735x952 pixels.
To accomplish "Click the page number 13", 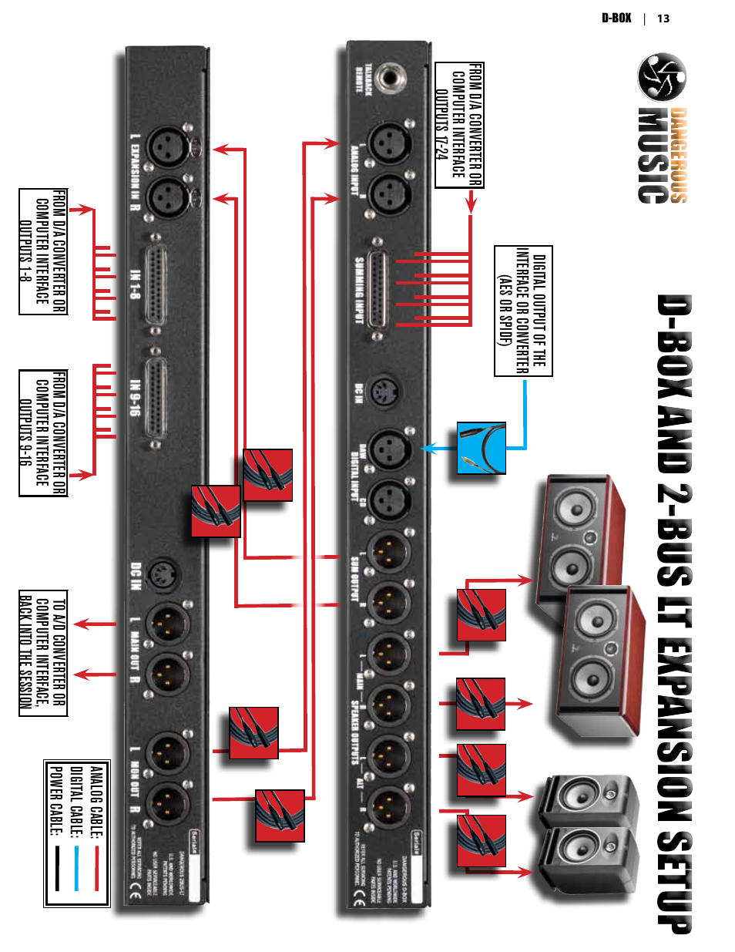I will point(663,19).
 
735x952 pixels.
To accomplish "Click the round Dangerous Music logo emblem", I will point(662,77).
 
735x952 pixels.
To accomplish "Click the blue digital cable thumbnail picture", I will point(482,448).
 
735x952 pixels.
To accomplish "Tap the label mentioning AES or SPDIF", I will point(523,311).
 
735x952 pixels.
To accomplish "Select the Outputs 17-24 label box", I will point(459,125).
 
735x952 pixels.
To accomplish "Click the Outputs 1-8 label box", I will point(43,251).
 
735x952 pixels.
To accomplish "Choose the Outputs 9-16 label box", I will point(43,433).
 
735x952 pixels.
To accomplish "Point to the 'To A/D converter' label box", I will point(43,654).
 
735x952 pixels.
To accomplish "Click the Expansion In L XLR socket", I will point(167,146).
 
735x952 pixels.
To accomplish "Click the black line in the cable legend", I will point(56,868).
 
